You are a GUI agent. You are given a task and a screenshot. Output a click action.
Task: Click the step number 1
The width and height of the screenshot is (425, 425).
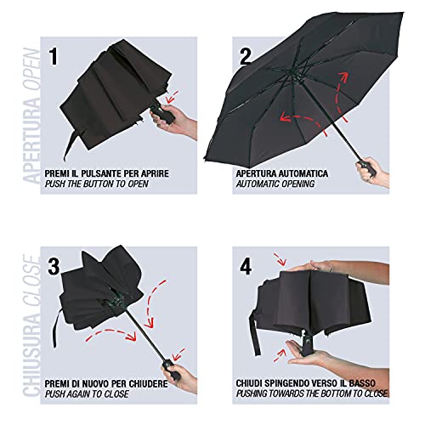pyautogui.click(x=54, y=56)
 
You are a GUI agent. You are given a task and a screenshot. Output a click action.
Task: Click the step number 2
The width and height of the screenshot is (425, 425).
pyautogui.click(x=245, y=56)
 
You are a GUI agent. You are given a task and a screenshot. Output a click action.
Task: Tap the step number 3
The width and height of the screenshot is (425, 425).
pyautogui.click(x=54, y=266)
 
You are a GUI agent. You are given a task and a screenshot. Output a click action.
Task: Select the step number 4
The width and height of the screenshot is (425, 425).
pyautogui.click(x=246, y=266)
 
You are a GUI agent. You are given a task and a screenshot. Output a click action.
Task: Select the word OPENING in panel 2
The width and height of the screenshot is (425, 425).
pyautogui.click(x=297, y=184)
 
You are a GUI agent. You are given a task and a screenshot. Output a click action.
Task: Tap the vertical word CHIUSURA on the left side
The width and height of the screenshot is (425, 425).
pyautogui.click(x=31, y=351)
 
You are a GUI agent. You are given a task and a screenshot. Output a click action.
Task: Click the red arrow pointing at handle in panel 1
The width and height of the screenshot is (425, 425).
pyautogui.click(x=173, y=97)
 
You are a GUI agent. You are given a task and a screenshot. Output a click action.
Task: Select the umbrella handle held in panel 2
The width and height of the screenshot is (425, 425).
pyautogui.click(x=367, y=168)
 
